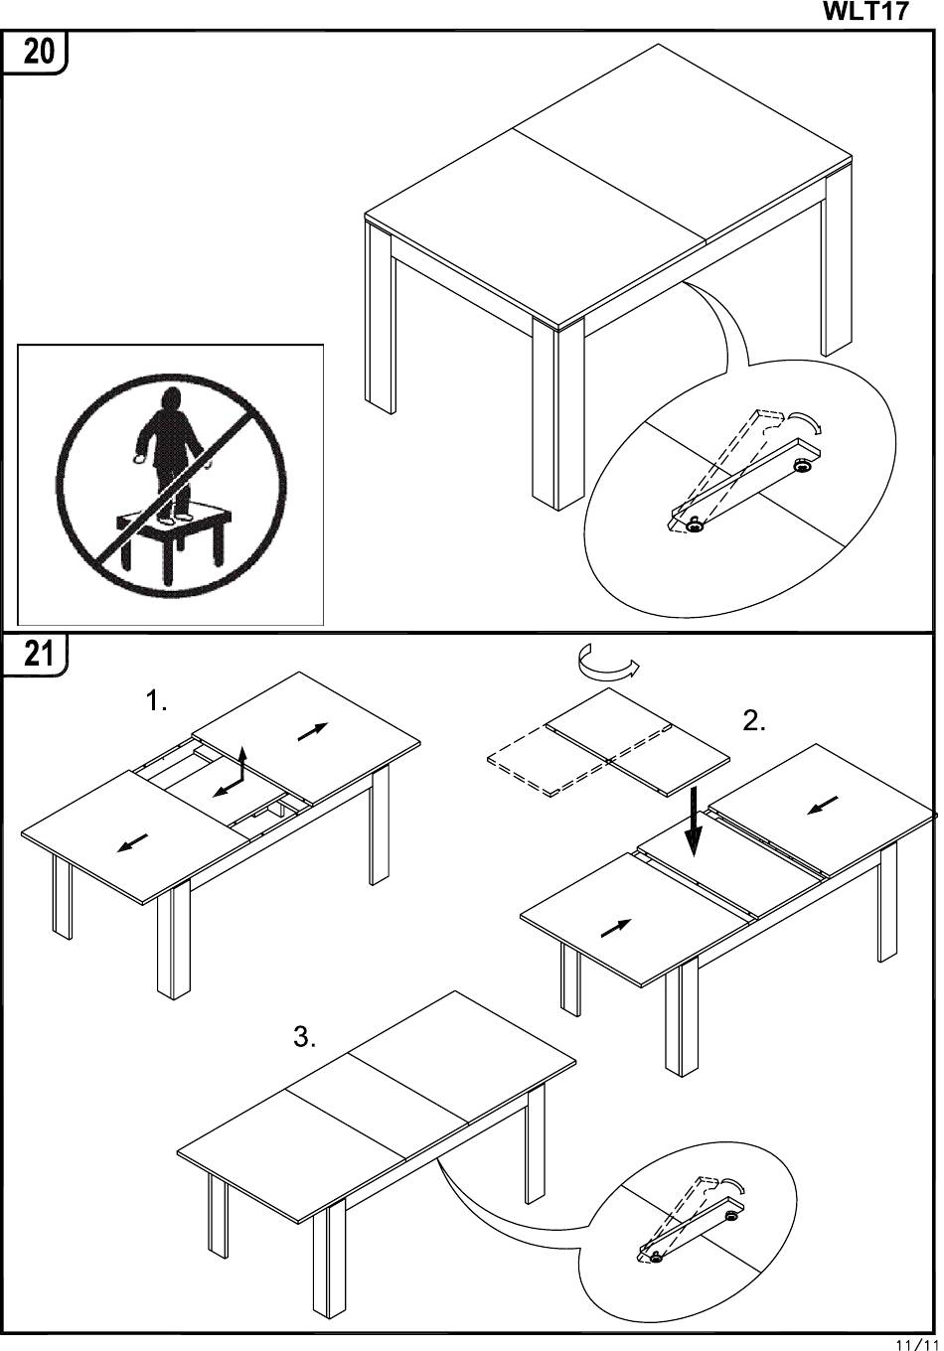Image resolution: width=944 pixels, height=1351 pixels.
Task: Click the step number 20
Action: click(x=39, y=51)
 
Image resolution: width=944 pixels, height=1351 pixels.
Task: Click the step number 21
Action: click(x=38, y=654)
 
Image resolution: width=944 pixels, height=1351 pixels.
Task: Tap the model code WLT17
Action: click(x=866, y=12)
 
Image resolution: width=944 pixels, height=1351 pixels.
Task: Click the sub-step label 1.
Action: click(x=156, y=702)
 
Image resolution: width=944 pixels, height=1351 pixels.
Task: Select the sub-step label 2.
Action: click(x=754, y=722)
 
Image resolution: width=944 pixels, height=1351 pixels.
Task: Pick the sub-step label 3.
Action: click(x=304, y=1038)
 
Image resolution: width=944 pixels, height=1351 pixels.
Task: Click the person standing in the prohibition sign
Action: click(x=172, y=452)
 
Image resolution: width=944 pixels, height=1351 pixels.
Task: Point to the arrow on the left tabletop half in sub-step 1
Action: click(x=132, y=842)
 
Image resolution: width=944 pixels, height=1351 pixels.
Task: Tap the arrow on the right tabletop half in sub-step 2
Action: click(x=823, y=805)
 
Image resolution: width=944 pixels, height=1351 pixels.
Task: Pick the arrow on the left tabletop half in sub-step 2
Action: click(x=616, y=928)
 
